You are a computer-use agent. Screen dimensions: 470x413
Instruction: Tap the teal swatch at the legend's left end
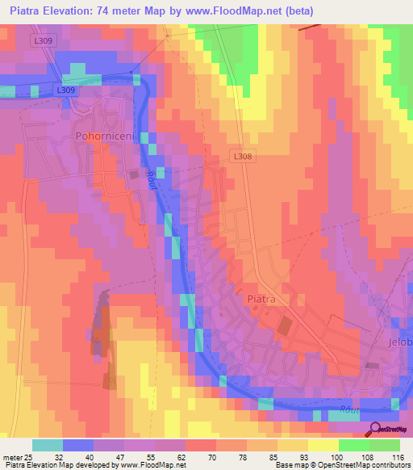[x=48, y=445]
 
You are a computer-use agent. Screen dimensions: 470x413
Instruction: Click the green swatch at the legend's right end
[x=385, y=445]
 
